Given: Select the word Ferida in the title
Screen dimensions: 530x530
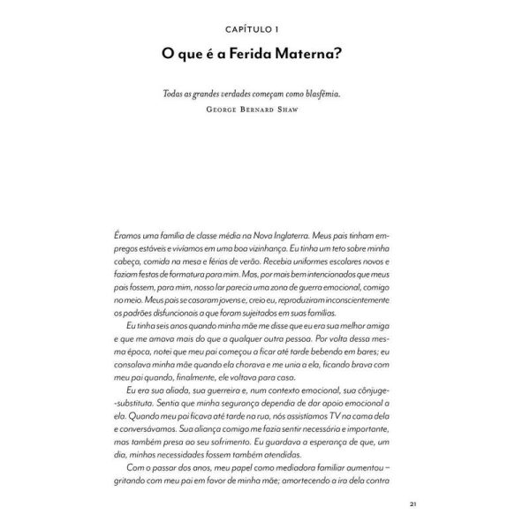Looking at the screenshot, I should pos(259,55).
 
